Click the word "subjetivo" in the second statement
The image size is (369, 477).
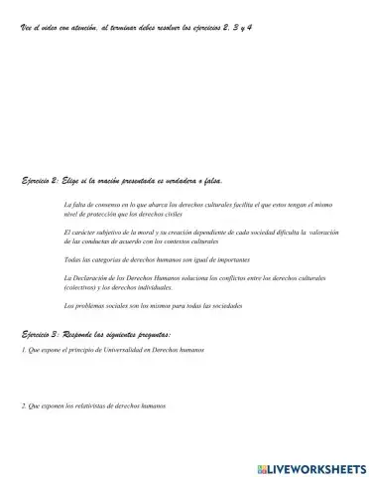104,232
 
